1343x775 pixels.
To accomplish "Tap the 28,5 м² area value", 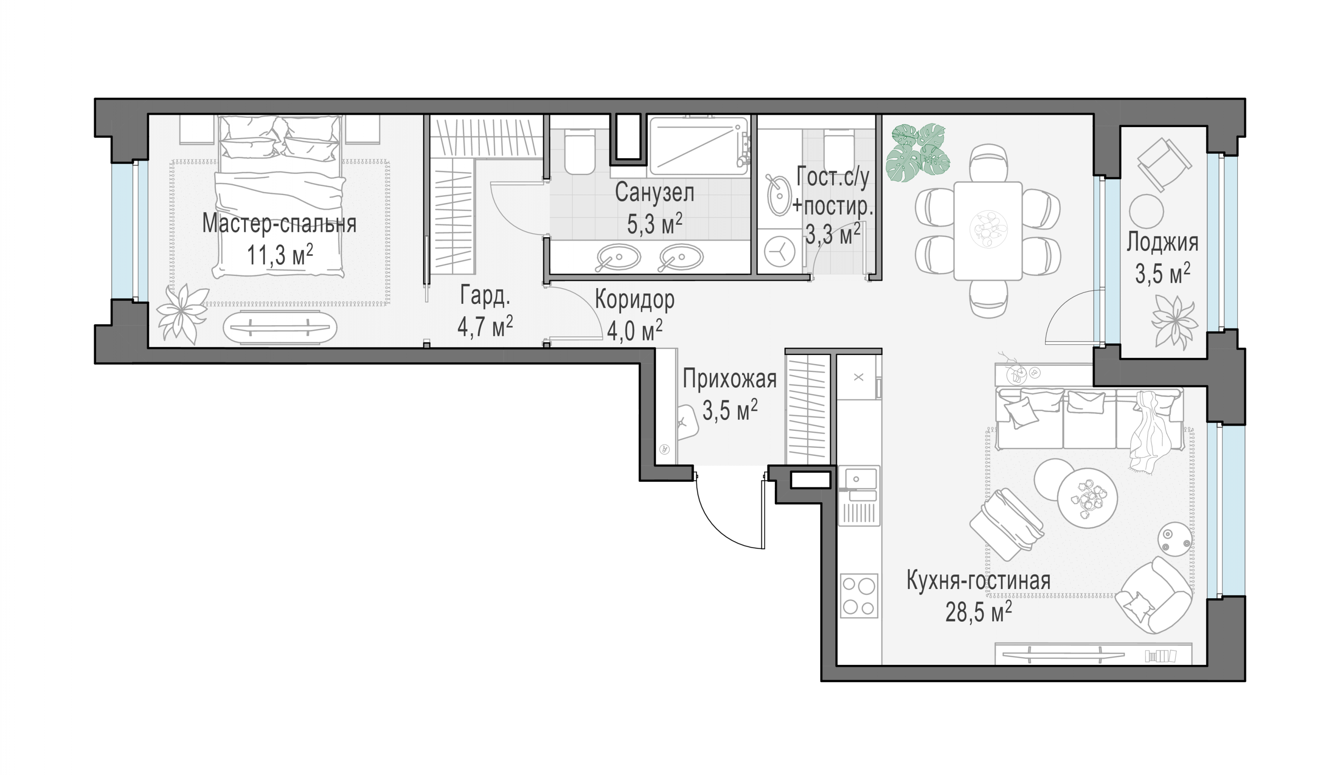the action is click(x=978, y=612).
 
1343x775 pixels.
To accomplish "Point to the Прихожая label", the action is click(x=729, y=379).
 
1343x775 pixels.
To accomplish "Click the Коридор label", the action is click(x=634, y=300).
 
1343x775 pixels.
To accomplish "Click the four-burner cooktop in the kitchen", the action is click(x=859, y=596).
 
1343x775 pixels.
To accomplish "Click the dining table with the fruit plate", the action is click(x=988, y=231).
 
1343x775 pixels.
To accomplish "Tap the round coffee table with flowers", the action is click(x=1086, y=498).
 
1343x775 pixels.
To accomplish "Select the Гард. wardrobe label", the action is click(x=485, y=296).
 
